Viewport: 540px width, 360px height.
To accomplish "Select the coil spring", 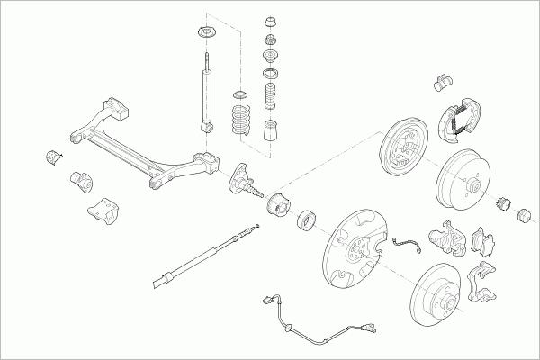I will pos(239,117).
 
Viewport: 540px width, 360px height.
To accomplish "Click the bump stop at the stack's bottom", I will pos(269,131).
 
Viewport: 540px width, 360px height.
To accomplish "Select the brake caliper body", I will pos(445,236).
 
